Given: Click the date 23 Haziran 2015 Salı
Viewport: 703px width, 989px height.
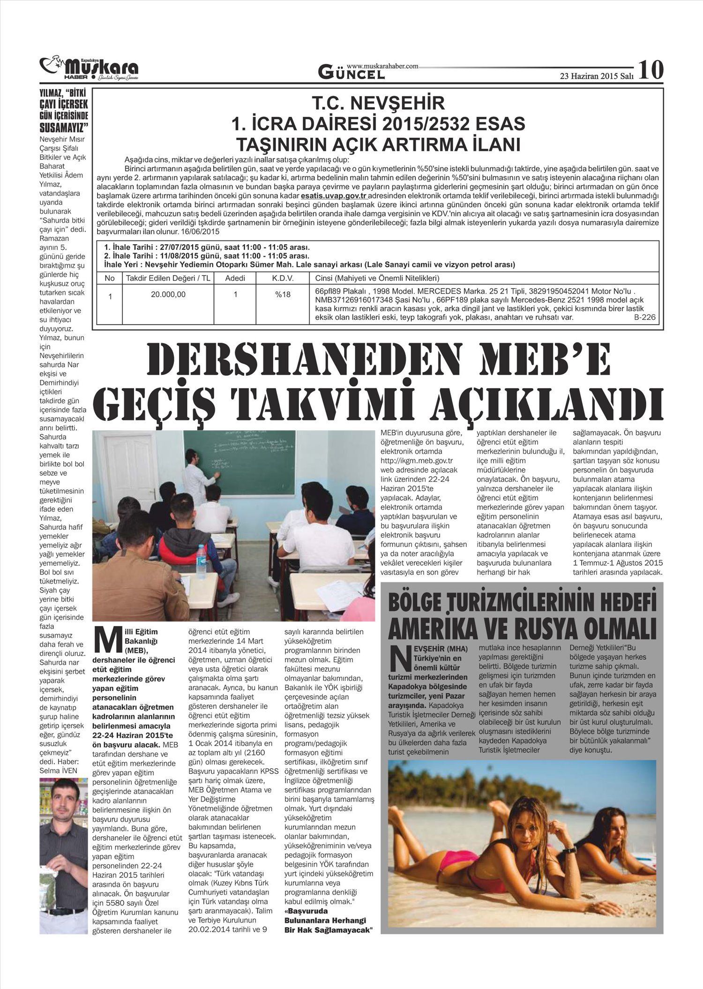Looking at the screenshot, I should pyautogui.click(x=597, y=76).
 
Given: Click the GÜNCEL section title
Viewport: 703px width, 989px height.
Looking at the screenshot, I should pyautogui.click(x=351, y=73).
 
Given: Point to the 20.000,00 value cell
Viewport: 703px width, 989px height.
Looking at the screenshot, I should pyautogui.click(x=168, y=294).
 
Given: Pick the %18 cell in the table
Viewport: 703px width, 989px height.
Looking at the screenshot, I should pyautogui.click(x=283, y=294).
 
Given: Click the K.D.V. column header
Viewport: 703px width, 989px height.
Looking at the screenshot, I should pyautogui.click(x=283, y=278).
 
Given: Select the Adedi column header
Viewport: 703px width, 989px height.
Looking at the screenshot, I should pyautogui.click(x=235, y=278).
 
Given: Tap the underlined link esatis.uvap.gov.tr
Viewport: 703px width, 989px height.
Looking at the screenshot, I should pyautogui.click(x=334, y=195).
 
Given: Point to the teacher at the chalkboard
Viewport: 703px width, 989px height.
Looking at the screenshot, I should pyautogui.click(x=196, y=478).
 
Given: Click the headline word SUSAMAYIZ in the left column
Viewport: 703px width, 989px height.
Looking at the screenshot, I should pyautogui.click(x=64, y=127).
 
